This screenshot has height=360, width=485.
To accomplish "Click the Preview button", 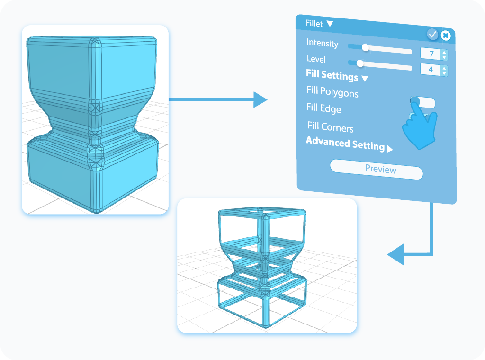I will click(376, 169).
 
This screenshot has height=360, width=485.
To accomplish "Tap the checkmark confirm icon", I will click(432, 34).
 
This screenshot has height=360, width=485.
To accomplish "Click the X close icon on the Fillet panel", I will click(445, 35).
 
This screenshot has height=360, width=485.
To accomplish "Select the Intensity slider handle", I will click(365, 47).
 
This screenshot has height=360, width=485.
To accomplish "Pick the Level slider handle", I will click(359, 63).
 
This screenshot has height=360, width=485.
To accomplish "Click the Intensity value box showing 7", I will click(431, 54).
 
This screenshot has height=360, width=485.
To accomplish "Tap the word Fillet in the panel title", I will click(315, 23).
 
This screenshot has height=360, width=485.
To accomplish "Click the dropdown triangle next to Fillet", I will click(330, 24).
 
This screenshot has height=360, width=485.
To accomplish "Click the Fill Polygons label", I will click(332, 91).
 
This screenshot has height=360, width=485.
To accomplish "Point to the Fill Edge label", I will click(323, 108).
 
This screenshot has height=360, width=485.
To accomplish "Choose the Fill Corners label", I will click(330, 127).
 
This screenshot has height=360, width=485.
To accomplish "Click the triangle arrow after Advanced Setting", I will click(390, 149).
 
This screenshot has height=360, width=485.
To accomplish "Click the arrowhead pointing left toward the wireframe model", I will click(396, 255).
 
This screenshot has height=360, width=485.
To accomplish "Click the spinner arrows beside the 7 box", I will click(444, 55).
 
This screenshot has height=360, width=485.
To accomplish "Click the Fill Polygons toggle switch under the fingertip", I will click(422, 102).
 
